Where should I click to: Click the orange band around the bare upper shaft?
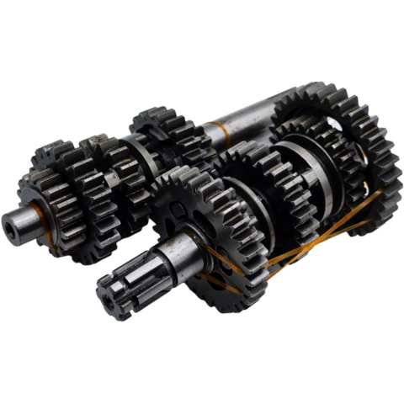pyautogui.click(x=225, y=132)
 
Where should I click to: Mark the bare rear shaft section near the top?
pyautogui.click(x=248, y=119)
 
